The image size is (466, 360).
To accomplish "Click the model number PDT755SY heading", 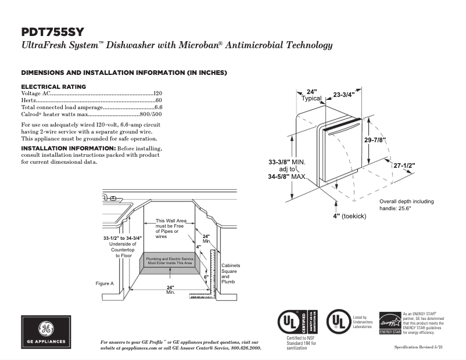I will [56, 31].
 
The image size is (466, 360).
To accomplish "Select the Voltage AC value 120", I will [157, 93].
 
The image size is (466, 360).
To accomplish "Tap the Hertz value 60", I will [159, 100].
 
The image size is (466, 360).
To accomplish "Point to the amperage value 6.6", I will [158, 107].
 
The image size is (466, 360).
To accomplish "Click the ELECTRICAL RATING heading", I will [53, 87].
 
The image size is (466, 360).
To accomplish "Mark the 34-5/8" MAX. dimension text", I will [287, 176].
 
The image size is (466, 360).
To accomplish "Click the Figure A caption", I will [105, 283].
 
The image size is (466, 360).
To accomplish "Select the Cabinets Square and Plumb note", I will [230, 273].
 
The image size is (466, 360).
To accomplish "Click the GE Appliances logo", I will [47, 332].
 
